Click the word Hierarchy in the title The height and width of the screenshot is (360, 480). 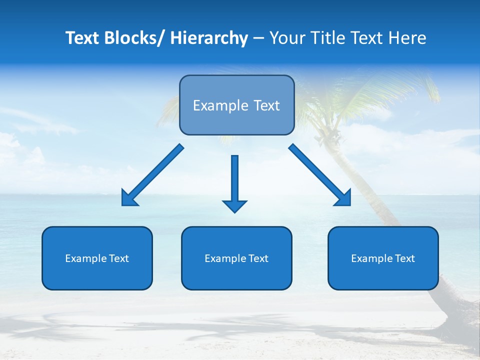click(209, 38)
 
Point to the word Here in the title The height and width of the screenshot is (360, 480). click(407, 38)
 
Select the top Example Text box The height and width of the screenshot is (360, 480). click(236, 105)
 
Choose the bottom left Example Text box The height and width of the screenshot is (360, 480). click(97, 258)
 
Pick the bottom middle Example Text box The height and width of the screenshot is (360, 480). click(236, 258)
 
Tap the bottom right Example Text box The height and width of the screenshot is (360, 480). click(383, 258)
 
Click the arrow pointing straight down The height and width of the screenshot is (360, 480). click(234, 182)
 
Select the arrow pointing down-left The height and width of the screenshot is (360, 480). click(152, 175)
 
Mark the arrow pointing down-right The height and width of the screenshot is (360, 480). click(320, 175)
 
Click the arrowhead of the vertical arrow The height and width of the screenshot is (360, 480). click(234, 205)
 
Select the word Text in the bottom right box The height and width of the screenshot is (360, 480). click(404, 258)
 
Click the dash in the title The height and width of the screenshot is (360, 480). click(258, 38)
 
